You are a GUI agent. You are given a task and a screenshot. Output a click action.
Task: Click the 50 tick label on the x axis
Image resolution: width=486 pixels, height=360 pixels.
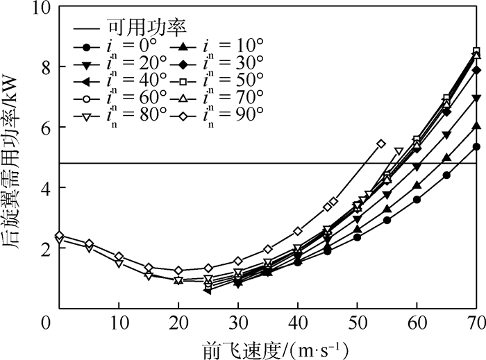click(x=357, y=325)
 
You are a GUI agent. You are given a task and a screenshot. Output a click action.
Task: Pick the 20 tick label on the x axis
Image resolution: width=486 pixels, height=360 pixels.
click(x=178, y=325)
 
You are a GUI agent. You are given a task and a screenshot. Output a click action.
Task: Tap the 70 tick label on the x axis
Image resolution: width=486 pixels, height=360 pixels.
click(x=476, y=325)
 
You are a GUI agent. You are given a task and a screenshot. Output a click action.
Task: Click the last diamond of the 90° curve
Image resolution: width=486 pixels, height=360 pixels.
click(x=380, y=144)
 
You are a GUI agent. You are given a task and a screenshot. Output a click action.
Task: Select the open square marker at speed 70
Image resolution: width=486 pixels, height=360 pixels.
click(x=476, y=51)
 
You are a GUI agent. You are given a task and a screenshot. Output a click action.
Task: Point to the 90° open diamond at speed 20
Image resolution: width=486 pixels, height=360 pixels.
click(x=178, y=271)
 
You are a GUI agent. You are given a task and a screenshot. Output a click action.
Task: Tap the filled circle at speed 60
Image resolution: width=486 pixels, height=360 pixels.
click(x=417, y=200)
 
